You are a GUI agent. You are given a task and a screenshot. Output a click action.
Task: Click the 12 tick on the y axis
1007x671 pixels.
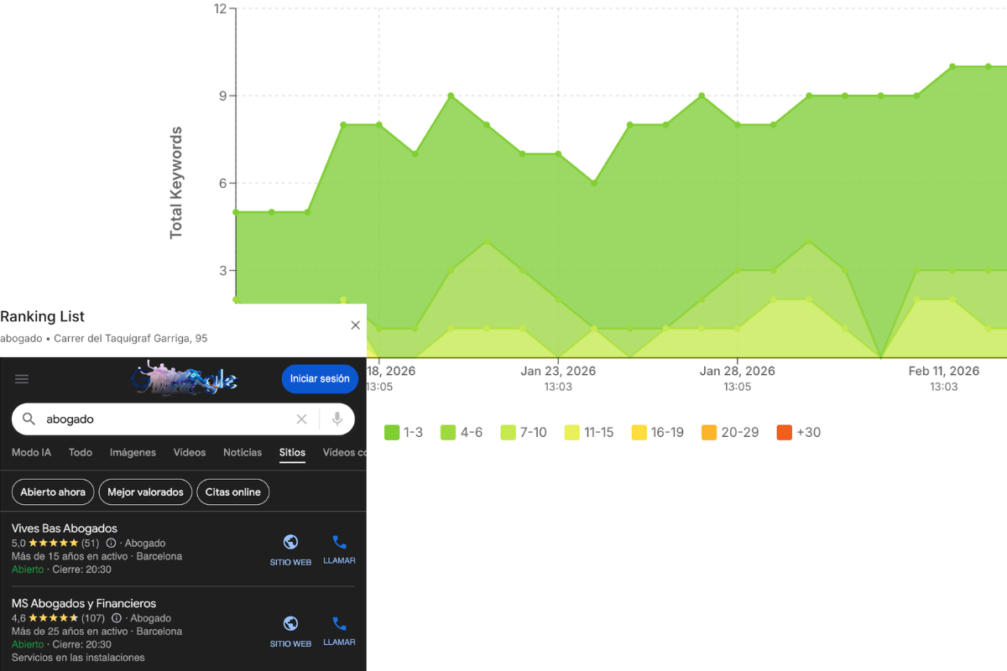click(221, 9)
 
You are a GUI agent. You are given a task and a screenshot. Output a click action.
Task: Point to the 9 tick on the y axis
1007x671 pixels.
click(222, 96)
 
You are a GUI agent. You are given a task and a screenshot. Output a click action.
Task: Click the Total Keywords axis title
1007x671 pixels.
click(176, 183)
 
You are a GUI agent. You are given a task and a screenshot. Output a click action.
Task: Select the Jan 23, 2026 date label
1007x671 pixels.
click(558, 371)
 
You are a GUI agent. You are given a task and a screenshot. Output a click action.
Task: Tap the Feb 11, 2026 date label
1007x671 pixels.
click(944, 371)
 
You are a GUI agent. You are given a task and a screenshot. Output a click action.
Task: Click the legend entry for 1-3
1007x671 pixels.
click(404, 433)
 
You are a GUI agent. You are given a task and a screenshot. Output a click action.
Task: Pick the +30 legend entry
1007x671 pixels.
click(798, 433)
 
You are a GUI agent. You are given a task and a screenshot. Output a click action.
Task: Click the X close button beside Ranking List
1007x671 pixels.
click(355, 325)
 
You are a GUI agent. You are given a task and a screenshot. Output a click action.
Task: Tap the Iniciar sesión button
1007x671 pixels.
click(320, 379)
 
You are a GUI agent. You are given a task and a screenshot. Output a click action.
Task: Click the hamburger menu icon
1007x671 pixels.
click(22, 379)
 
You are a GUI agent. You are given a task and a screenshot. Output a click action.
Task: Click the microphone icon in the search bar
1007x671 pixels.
click(337, 419)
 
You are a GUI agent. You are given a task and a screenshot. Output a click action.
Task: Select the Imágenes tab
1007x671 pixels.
click(133, 453)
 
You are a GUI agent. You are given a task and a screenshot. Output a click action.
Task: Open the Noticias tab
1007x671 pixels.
click(243, 453)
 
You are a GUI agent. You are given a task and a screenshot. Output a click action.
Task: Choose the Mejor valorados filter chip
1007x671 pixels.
click(145, 492)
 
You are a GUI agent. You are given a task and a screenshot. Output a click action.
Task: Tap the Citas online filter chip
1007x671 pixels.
click(233, 492)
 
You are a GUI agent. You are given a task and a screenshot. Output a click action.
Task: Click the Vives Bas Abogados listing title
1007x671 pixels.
click(65, 528)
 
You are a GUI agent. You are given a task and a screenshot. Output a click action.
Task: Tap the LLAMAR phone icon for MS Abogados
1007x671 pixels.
click(339, 624)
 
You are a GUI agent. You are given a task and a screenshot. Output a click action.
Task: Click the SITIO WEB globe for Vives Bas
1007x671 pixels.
click(290, 542)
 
